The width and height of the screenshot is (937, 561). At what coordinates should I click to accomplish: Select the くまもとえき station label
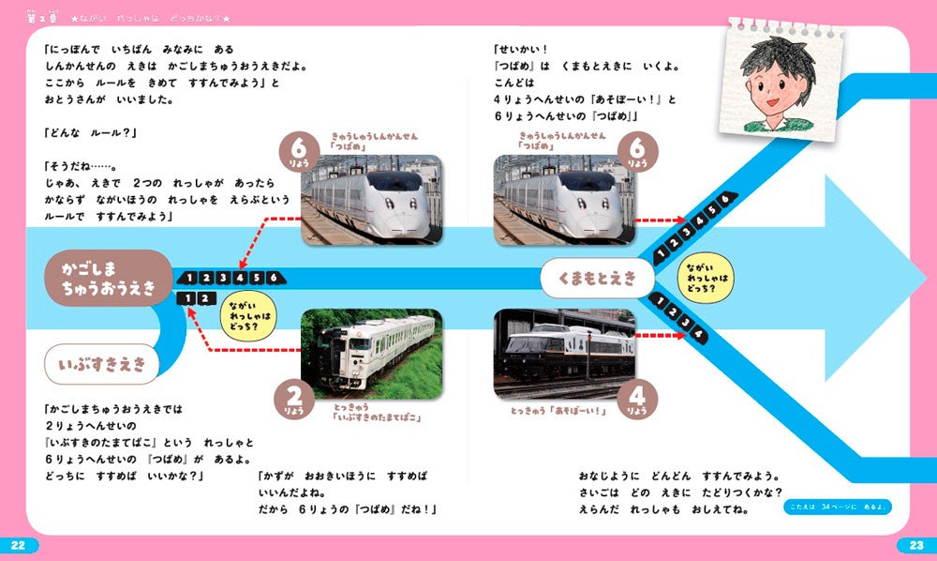(597, 277)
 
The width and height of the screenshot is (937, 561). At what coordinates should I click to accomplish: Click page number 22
(21, 545)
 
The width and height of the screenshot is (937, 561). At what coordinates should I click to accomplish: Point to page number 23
(915, 545)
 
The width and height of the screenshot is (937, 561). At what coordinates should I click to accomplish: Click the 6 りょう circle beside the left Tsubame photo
(297, 152)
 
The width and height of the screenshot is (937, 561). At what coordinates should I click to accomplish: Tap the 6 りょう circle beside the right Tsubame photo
(638, 152)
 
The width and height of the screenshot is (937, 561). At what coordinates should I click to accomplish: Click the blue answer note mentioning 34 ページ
(838, 508)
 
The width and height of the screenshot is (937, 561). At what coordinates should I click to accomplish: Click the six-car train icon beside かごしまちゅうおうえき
(230, 277)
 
